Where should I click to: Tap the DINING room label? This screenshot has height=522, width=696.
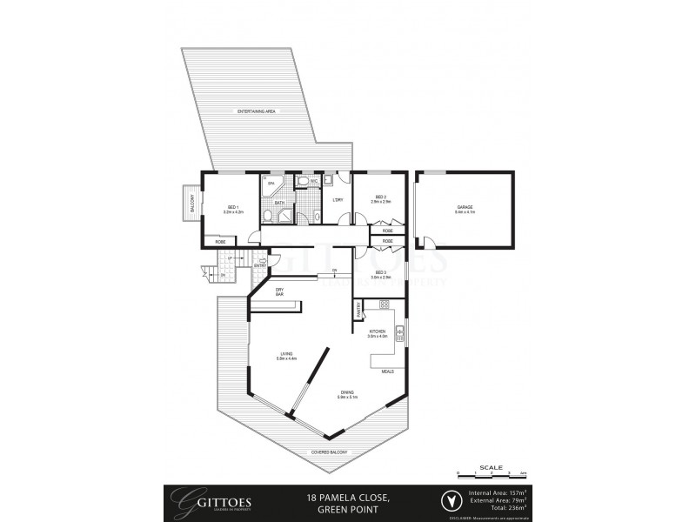(x=347, y=394)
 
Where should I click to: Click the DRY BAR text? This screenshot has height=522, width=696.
(x=280, y=292)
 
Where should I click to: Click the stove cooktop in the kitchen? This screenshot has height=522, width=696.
(x=384, y=305)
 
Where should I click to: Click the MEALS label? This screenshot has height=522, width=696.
(x=387, y=371)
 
